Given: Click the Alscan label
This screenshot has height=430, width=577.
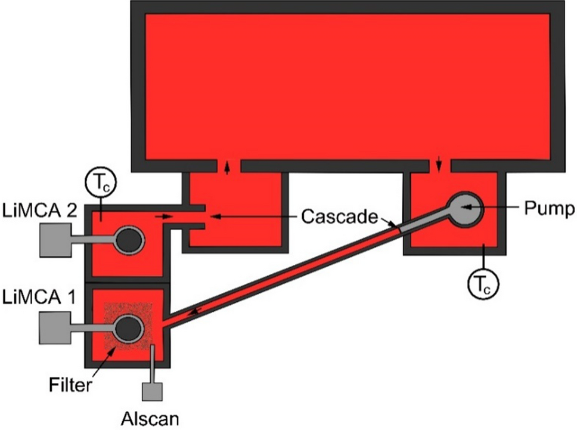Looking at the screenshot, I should pos(149,418).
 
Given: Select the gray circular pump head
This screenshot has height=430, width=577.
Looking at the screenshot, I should pos(464,209).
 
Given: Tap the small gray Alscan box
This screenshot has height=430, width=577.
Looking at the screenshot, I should pos(152,391).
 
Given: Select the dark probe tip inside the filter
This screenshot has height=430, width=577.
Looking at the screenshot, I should pos(129,328).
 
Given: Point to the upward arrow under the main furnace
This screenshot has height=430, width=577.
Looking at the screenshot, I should pos(227,168).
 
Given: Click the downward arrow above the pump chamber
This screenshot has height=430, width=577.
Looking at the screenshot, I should pos(440,162).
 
